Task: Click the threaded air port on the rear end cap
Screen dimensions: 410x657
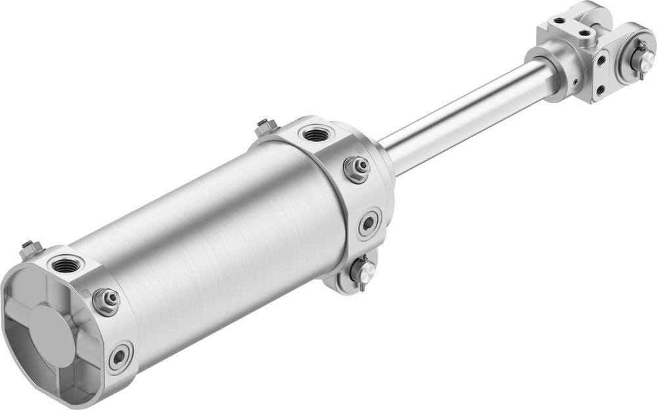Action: click(x=66, y=265)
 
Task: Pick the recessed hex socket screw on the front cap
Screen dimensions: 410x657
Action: click(x=369, y=223)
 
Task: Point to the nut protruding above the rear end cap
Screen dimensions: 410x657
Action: click(x=29, y=248)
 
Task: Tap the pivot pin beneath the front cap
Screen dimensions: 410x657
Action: click(x=362, y=269)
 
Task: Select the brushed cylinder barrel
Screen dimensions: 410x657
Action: click(x=217, y=243)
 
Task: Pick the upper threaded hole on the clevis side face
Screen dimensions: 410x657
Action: click(x=601, y=60)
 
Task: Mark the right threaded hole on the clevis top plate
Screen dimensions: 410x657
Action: click(x=583, y=30)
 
